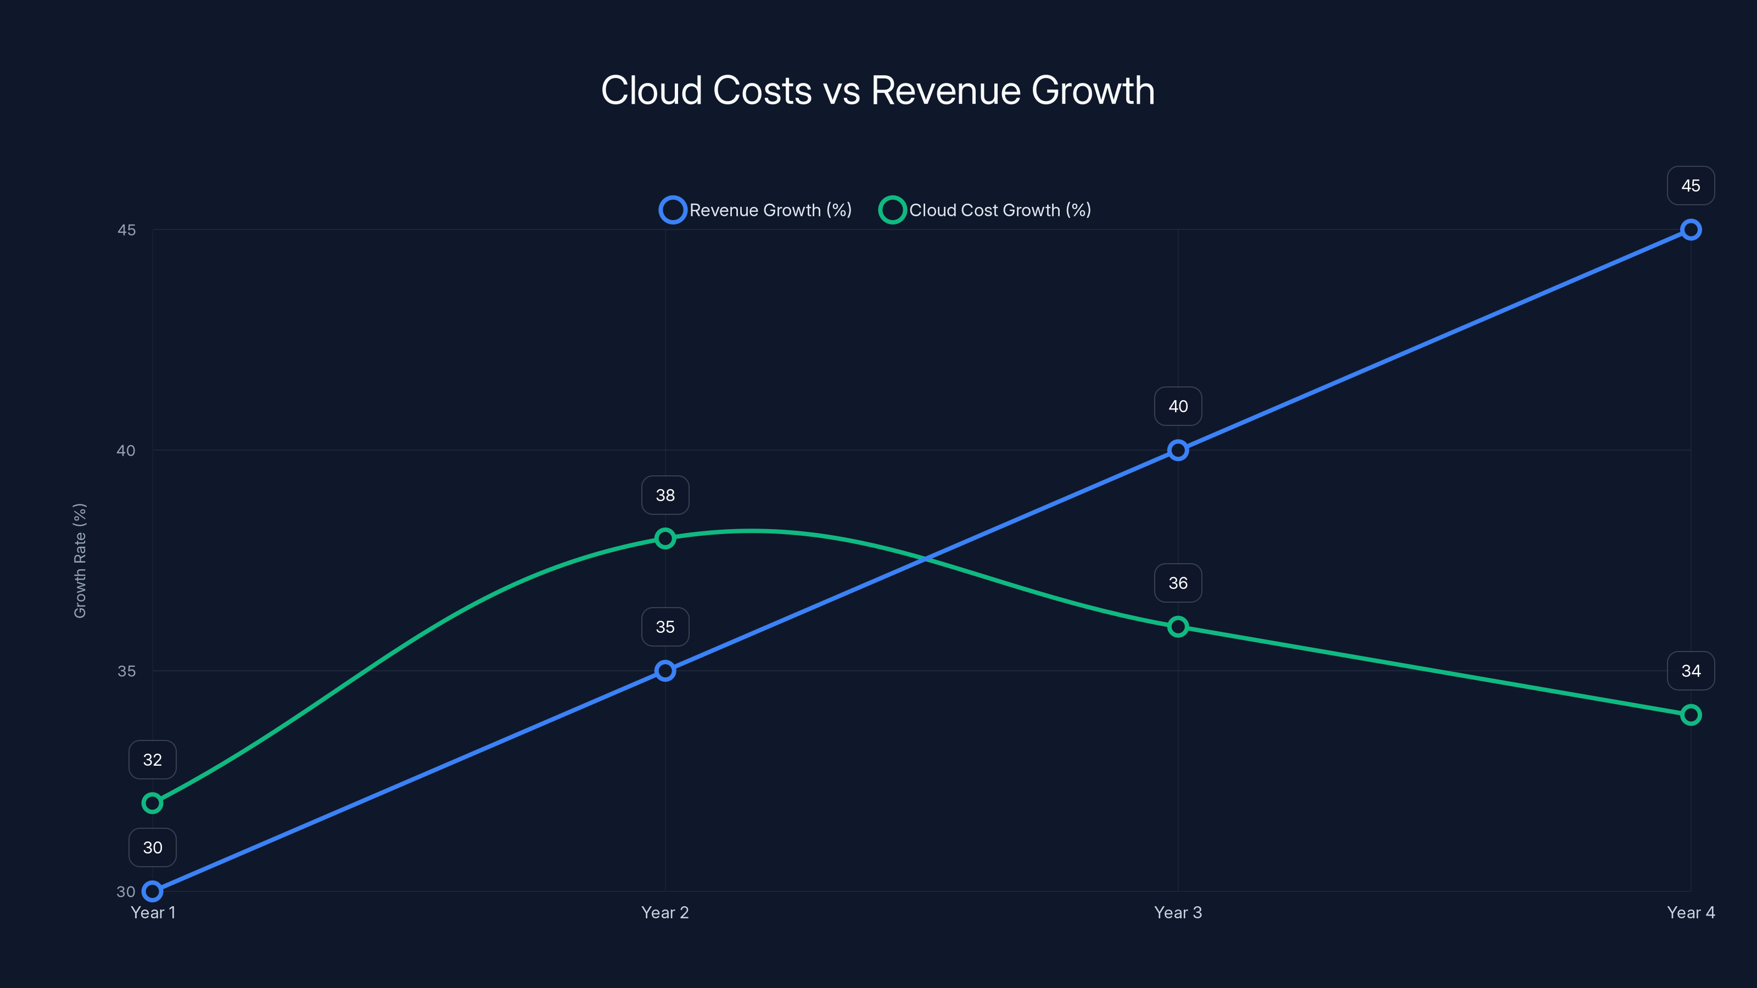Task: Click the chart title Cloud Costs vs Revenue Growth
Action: point(878,91)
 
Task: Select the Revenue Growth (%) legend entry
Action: point(756,210)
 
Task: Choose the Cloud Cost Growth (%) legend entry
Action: point(986,210)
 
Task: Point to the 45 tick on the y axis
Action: point(127,230)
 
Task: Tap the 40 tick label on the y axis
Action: point(126,451)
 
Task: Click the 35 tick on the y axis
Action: point(127,671)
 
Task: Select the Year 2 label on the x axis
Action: point(665,912)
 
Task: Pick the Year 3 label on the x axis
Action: point(1178,912)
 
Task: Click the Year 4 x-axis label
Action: point(1690,912)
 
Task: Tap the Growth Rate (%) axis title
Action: point(80,560)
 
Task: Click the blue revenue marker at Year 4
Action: point(1690,230)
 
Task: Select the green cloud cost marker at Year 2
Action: point(665,538)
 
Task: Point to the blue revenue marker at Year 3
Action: point(1178,450)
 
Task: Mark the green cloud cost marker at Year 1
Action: point(152,803)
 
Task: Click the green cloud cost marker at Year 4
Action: point(1690,715)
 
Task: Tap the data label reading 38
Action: point(665,495)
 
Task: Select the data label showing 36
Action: point(1178,583)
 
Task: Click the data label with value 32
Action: point(152,760)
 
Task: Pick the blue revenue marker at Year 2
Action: point(665,671)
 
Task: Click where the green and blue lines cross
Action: point(926,559)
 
